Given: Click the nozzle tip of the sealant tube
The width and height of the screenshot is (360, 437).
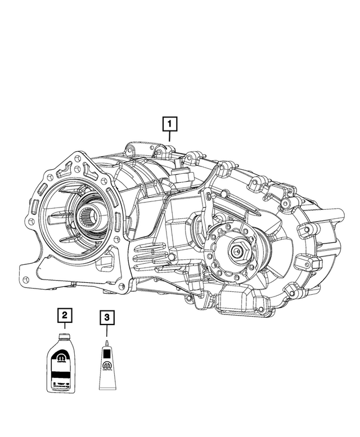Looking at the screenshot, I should tap(107, 342).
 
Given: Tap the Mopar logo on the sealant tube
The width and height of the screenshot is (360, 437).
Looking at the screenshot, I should tap(107, 367).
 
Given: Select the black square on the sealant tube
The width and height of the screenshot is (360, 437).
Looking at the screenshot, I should tap(107, 355).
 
